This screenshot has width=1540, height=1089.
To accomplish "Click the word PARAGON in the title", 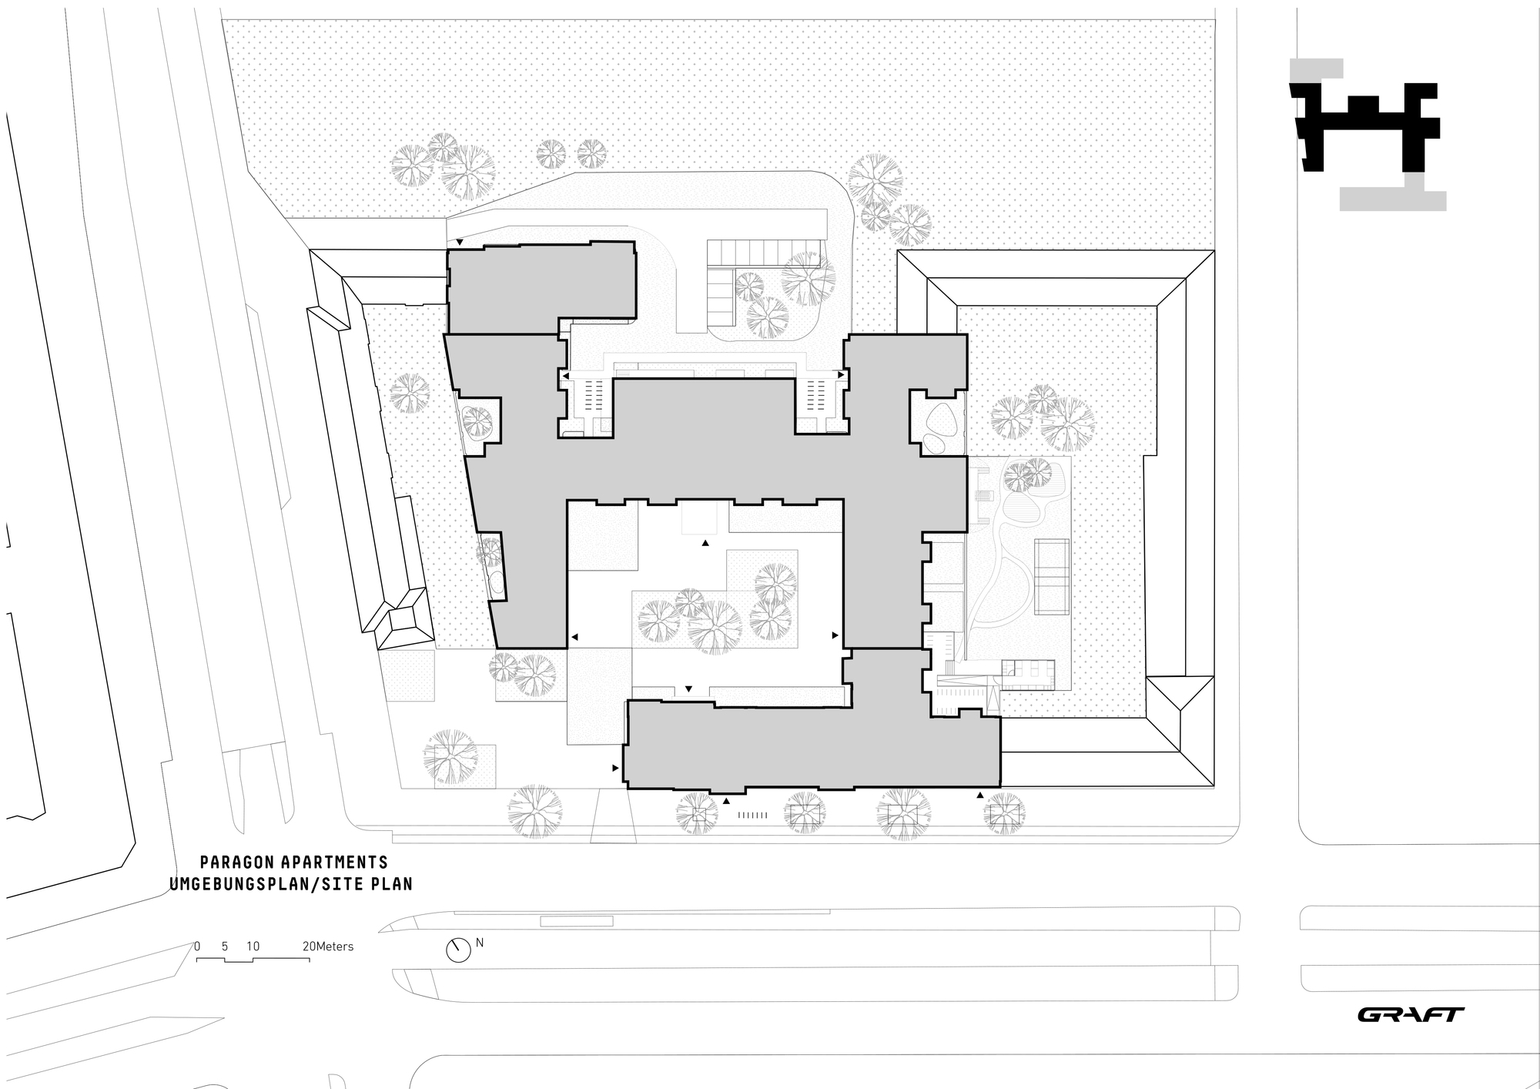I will coord(233,862).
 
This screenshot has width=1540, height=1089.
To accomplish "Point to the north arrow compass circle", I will coord(458,950).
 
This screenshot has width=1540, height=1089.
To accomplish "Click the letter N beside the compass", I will coord(480,942).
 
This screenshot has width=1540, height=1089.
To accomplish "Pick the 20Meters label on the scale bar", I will coord(328,947).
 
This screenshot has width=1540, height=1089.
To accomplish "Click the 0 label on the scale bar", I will coord(197,947).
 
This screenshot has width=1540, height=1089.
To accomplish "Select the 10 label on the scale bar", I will coord(253,947).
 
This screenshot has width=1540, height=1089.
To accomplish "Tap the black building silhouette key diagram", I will coord(1363,127).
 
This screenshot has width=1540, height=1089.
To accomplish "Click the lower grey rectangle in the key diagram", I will coord(1392,199).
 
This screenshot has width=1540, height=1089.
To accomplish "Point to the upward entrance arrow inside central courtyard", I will coord(705,544).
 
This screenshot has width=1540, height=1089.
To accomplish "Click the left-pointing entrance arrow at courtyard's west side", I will coord(574,637).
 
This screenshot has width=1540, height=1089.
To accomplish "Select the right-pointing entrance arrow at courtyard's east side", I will coord(835,636).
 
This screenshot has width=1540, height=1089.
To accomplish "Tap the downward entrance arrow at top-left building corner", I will coord(460,243).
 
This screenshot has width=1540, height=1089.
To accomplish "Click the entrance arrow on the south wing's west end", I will coord(615,768).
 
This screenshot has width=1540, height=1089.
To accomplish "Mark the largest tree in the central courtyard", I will coord(715,627).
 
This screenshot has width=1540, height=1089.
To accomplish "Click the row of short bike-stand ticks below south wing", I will coord(752,815).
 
